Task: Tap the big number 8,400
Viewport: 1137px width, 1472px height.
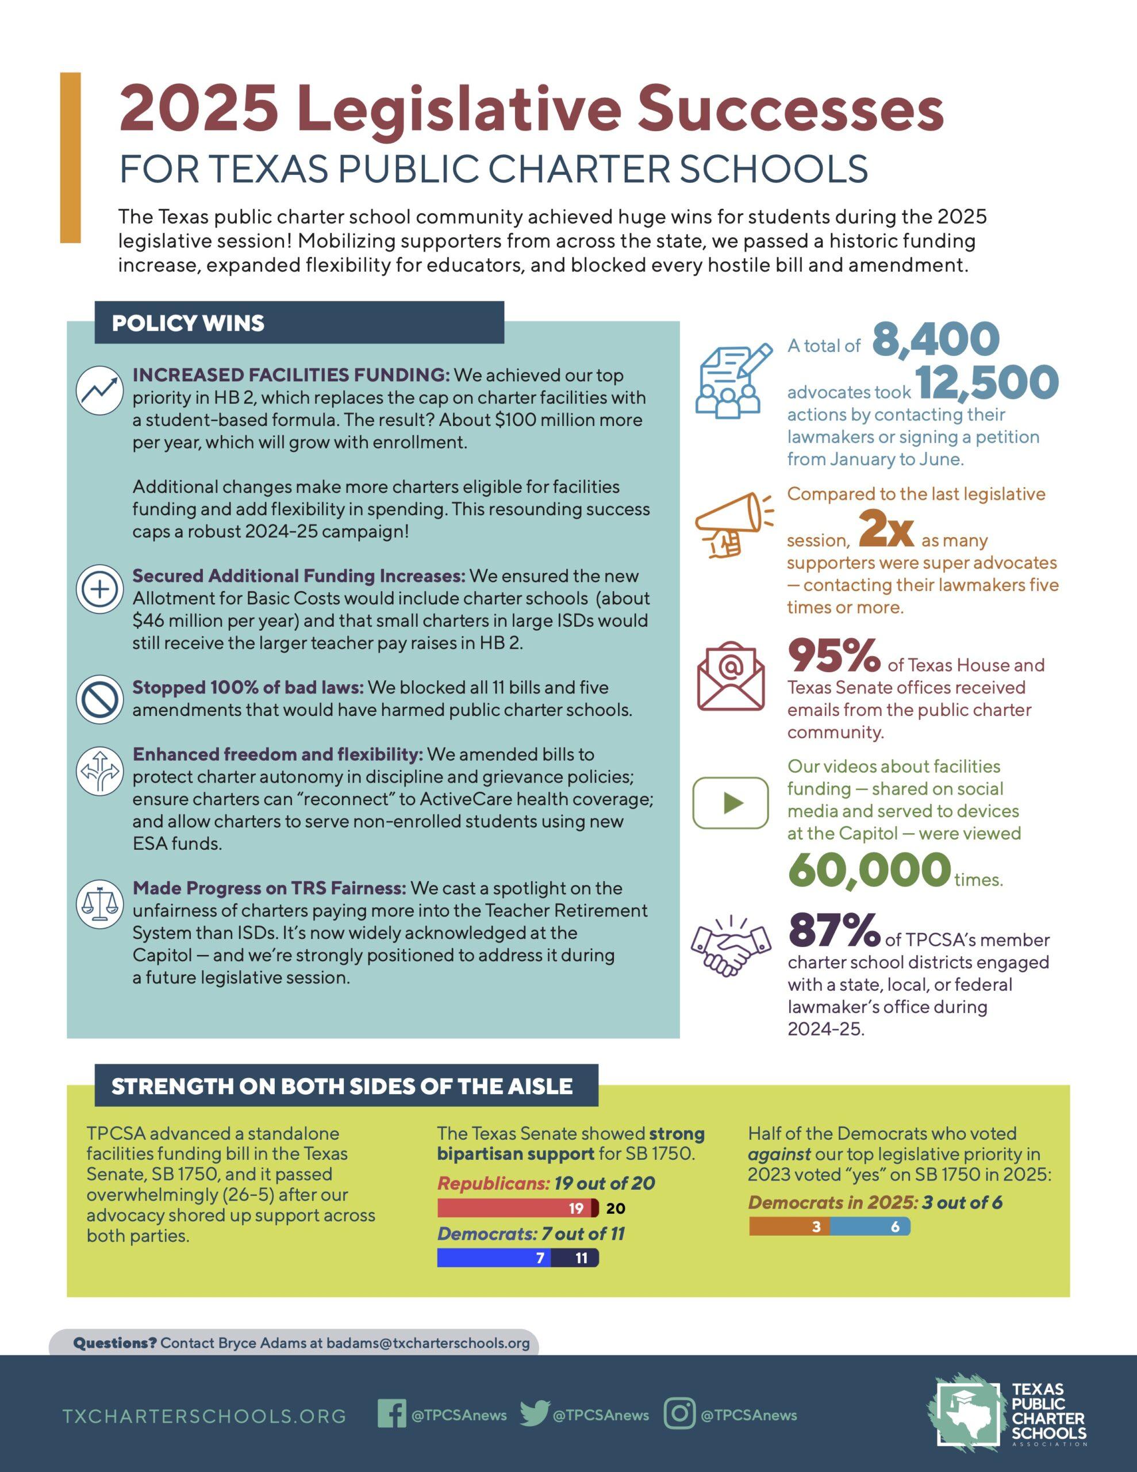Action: tap(936, 340)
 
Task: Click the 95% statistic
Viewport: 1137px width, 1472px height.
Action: tap(833, 657)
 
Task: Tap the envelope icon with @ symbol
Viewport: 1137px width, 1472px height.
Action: tap(731, 677)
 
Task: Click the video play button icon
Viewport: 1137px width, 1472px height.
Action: tap(731, 803)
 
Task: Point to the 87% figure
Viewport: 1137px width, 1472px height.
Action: tap(833, 931)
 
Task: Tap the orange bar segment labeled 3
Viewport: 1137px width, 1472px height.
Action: tap(789, 1226)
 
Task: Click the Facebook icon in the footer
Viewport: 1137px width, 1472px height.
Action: tap(391, 1414)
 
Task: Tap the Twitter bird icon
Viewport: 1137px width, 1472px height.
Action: tap(535, 1414)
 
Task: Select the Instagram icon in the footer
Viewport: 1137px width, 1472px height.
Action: tap(679, 1414)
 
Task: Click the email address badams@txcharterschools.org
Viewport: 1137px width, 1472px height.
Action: tap(428, 1343)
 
